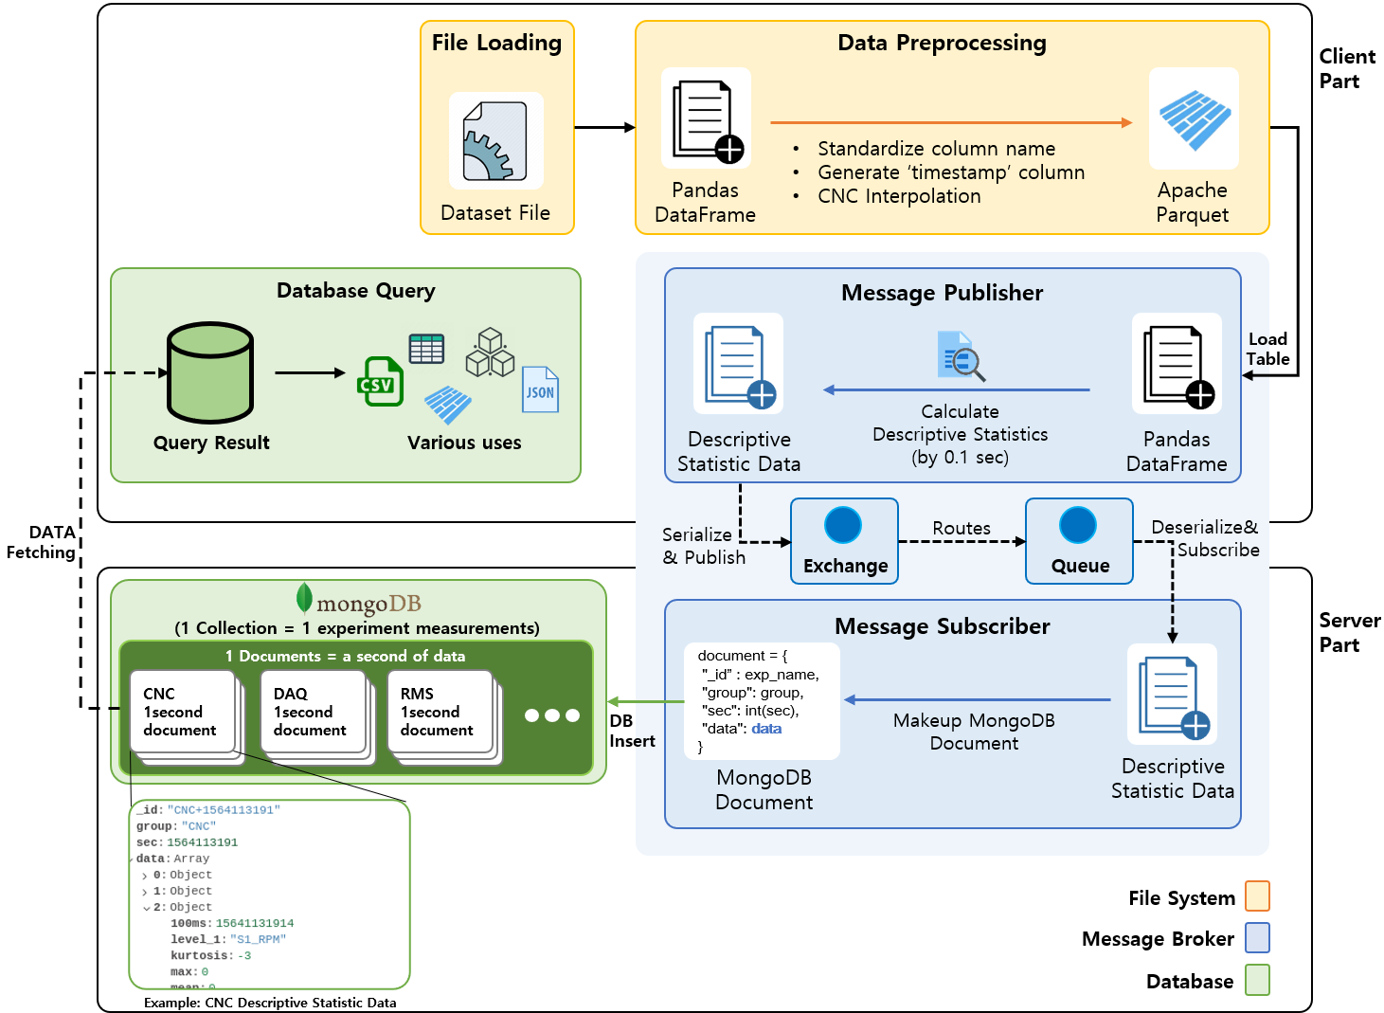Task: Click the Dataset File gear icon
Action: pos(494,141)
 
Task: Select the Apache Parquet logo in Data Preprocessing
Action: pos(1194,119)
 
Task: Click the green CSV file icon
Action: pos(380,382)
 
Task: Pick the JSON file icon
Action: pos(540,389)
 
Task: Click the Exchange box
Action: pos(844,541)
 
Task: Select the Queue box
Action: pos(1079,541)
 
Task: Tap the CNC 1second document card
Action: pos(182,712)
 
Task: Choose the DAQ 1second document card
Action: pos(312,712)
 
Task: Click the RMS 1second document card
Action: pos(439,712)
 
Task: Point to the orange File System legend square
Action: pos(1257,895)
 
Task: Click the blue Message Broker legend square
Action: pos(1257,937)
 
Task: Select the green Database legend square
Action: pos(1257,980)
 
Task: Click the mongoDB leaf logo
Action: pos(304,598)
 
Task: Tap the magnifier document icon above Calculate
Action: pos(960,356)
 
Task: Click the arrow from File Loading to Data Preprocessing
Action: pos(604,127)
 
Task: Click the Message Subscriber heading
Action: pos(942,626)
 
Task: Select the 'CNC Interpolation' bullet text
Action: pos(899,196)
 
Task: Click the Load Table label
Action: pos(1267,349)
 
